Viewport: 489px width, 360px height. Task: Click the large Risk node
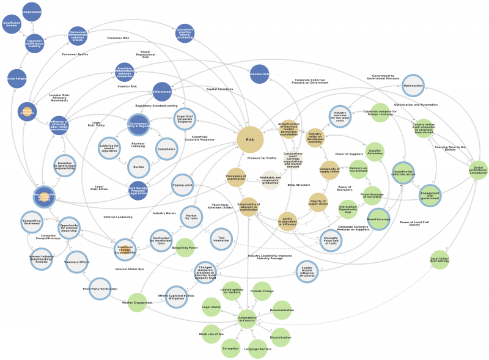[250, 140]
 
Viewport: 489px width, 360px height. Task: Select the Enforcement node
[162, 92]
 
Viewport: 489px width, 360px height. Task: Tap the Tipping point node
[182, 185]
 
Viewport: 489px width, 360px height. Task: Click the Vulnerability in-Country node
[246, 318]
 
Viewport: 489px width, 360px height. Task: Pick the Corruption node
[231, 348]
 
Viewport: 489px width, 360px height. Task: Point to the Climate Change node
[262, 291]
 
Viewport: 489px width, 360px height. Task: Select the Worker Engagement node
[137, 303]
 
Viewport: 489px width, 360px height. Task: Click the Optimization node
[413, 86]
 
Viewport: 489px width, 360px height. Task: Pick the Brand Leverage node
[378, 219]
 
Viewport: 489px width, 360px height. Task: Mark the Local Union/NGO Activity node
[439, 260]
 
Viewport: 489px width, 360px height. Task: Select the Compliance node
[166, 149]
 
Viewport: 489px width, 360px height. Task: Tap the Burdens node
[138, 166]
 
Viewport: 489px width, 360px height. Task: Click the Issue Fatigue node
[16, 79]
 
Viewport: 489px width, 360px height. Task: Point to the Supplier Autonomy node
[375, 152]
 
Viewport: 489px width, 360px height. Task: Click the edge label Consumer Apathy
[75, 54]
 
